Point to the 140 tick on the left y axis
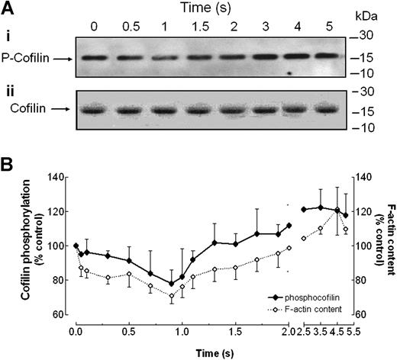pyautogui.click(x=58, y=178)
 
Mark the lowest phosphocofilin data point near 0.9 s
pyautogui.click(x=172, y=283)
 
